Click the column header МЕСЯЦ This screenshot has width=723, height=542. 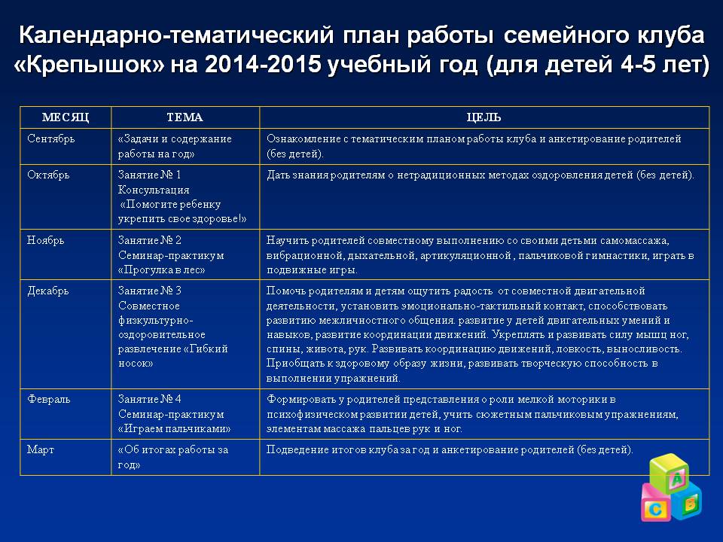[x=65, y=117]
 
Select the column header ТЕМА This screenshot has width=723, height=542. [x=185, y=117]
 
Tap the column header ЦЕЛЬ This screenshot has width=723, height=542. [x=484, y=117]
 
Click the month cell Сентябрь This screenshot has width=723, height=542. [x=51, y=139]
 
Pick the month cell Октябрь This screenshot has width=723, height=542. [x=48, y=175]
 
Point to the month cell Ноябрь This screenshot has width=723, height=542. [x=46, y=240]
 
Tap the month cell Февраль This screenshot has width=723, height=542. [x=49, y=399]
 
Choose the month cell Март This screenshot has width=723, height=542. [x=41, y=449]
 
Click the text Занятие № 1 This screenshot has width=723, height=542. [x=150, y=175]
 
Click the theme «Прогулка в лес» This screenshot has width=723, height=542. [x=161, y=269]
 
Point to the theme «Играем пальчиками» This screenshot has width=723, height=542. [x=174, y=428]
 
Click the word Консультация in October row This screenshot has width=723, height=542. [x=154, y=190]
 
